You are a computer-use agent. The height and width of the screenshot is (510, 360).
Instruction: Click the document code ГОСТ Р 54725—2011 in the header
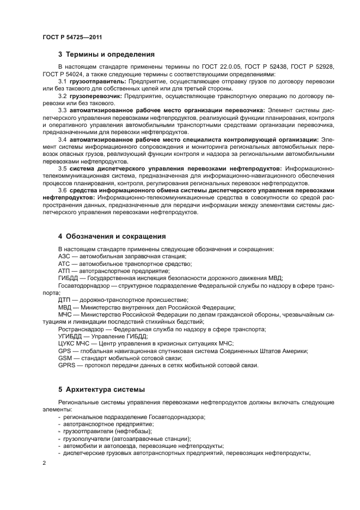[72, 37]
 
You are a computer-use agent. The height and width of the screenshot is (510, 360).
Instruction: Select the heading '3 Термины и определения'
[106, 54]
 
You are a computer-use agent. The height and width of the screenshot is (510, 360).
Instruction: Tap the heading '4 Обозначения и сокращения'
[112, 236]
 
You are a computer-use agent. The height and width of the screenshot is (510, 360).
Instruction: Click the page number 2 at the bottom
[44, 463]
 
